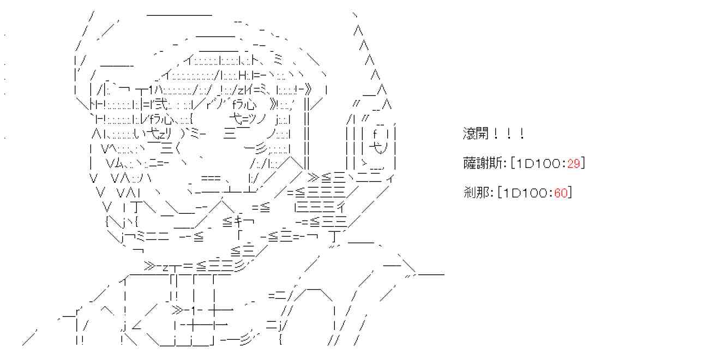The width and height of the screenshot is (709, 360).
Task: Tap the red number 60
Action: [x=561, y=193]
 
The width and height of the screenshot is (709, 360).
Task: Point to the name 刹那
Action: [x=473, y=193]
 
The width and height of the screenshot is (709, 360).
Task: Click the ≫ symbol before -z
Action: [x=150, y=266]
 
